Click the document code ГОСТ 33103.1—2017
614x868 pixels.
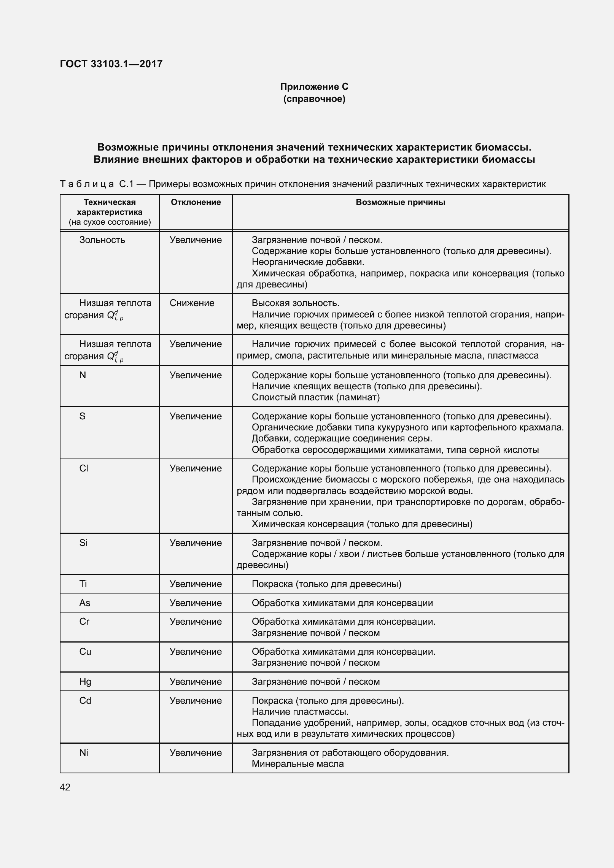111,64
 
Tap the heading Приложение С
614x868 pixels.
314,87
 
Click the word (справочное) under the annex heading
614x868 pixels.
314,99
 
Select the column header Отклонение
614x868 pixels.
196,202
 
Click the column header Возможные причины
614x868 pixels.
400,202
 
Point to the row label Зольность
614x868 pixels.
102,240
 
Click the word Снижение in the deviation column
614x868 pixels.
192,303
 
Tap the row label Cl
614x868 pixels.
84,468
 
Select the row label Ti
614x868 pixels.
83,584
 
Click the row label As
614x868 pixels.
84,603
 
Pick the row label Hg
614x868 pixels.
85,681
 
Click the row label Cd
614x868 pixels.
85,700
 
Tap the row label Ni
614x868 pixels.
83,752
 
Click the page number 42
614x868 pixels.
65,787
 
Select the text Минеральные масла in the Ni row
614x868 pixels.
297,764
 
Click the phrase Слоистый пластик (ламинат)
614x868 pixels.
315,397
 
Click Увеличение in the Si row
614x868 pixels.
196,543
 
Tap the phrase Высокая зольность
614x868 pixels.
295,303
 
